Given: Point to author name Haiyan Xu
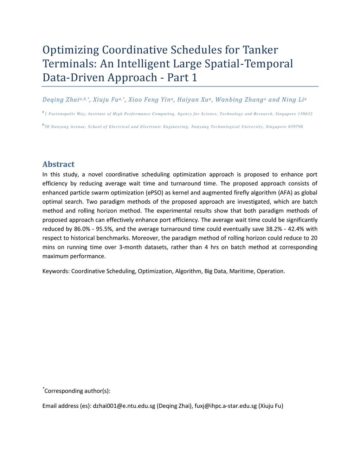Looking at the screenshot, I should tap(193, 100).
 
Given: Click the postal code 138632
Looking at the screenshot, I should tap(305, 114).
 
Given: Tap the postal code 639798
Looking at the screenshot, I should tap(296, 127).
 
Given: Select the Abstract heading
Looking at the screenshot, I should tap(58, 164).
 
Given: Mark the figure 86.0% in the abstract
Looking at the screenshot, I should tap(83, 229).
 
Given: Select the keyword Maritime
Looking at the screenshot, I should tap(242, 271).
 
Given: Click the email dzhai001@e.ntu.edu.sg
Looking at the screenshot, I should tap(124, 406).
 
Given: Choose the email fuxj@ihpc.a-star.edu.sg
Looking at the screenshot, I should tap(226, 406).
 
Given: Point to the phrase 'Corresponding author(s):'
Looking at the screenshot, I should tap(77, 391).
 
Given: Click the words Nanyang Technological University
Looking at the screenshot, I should tap(227, 127).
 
